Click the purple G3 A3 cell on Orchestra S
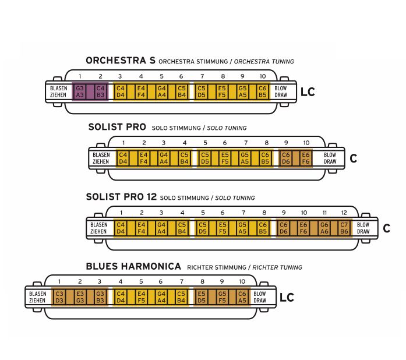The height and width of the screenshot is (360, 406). point(80,91)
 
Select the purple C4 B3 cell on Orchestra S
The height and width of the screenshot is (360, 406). point(100,91)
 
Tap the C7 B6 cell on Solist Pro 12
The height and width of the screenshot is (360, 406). point(344,228)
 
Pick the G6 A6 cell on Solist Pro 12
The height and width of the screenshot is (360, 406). point(324,228)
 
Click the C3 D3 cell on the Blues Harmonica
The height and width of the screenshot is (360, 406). point(59,297)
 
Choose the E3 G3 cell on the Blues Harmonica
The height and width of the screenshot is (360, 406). point(80,297)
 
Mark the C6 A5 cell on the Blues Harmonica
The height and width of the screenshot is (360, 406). point(242,297)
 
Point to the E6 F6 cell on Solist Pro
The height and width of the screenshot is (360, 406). point(306,158)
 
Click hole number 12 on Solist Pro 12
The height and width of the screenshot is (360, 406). point(344,213)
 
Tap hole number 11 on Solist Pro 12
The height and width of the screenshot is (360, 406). point(324,213)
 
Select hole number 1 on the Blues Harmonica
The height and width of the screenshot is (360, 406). point(59,281)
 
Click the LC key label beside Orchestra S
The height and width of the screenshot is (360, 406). point(308,92)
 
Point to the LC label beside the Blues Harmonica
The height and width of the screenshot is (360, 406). point(287,298)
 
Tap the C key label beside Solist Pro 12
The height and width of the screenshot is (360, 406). point(387,228)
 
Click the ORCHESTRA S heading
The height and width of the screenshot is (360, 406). point(121,61)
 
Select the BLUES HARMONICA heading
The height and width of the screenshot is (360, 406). point(133,266)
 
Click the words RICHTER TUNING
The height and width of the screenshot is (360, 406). point(277,267)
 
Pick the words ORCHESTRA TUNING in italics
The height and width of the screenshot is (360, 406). point(264,62)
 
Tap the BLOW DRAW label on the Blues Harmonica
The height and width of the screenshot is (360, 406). point(260,297)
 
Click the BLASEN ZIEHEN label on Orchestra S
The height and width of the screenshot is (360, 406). point(58,91)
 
